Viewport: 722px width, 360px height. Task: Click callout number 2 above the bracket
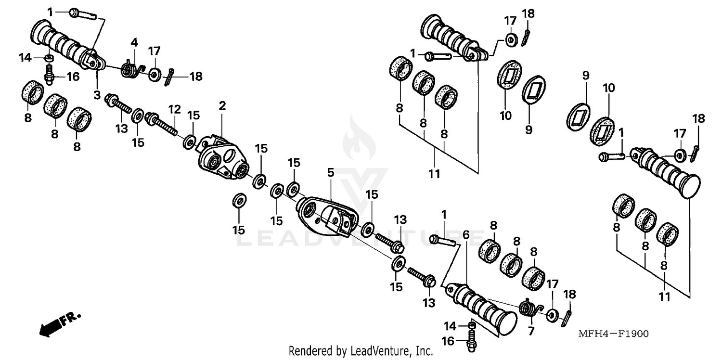pos(222,105)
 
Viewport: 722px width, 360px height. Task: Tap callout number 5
pos(330,172)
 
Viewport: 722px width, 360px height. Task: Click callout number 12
pos(174,109)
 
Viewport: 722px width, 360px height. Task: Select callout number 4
pos(134,43)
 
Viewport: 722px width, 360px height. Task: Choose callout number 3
pos(97,95)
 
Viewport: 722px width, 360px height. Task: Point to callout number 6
pos(465,234)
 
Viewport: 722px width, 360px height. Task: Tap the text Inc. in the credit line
pos(424,351)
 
